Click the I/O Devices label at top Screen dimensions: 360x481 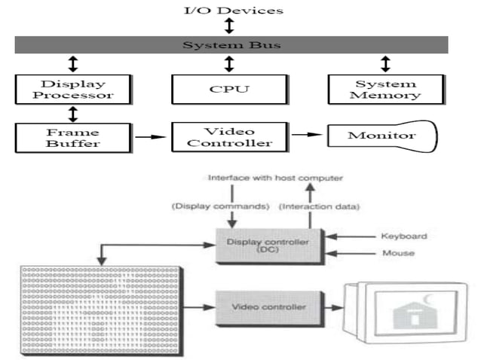pyautogui.click(x=229, y=10)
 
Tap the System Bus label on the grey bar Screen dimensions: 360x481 pyautogui.click(x=231, y=45)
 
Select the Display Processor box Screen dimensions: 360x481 pyautogui.click(x=73, y=90)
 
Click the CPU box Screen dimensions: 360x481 pyautogui.click(x=229, y=90)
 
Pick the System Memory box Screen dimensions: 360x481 pyautogui.click(x=385, y=90)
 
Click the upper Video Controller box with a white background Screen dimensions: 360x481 pyautogui.click(x=229, y=137)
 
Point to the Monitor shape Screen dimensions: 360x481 pyautogui.click(x=381, y=136)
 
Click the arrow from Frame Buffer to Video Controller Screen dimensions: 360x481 pyautogui.click(x=154, y=137)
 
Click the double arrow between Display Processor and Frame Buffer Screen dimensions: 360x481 pyautogui.click(x=73, y=114)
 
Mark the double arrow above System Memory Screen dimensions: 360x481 pyautogui.click(x=385, y=63)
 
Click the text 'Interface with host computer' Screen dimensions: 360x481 pyautogui.click(x=275, y=178)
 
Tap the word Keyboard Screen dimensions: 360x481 pyautogui.click(x=403, y=236)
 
